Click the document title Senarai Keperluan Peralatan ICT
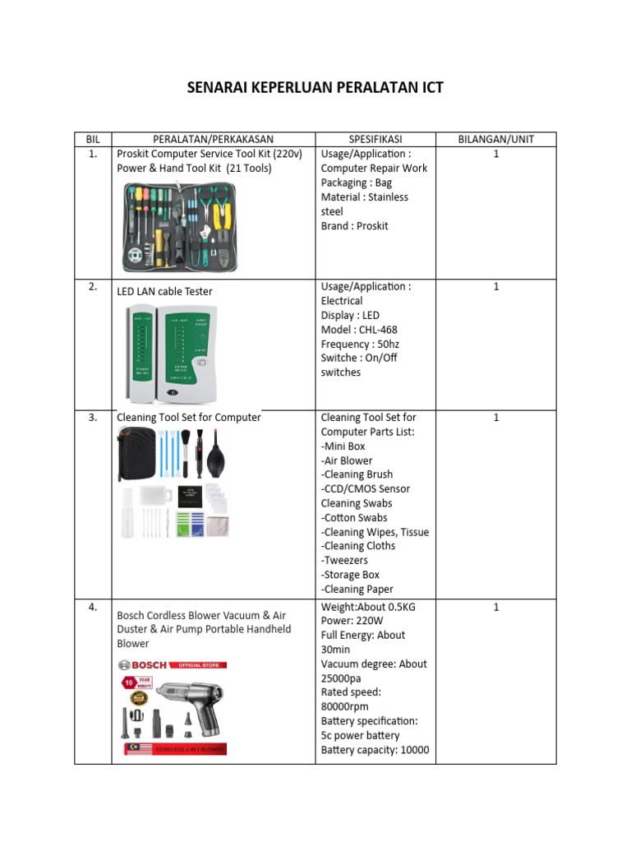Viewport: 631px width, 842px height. (x=315, y=87)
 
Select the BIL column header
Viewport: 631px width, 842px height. (x=92, y=139)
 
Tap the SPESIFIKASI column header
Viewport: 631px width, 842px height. (x=375, y=139)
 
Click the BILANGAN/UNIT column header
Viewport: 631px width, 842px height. (x=495, y=139)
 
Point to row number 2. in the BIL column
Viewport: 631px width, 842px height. (x=92, y=286)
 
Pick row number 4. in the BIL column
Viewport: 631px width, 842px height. (x=92, y=607)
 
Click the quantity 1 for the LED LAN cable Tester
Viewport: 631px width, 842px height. (x=496, y=286)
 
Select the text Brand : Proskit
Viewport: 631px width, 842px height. (x=354, y=225)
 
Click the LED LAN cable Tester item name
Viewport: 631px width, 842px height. (x=165, y=291)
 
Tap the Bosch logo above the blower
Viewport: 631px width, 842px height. (x=143, y=664)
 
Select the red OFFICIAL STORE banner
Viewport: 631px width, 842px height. (x=198, y=664)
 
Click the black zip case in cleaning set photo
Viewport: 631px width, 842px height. (x=136, y=455)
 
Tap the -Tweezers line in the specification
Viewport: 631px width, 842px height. (x=344, y=560)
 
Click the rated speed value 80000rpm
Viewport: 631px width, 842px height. (x=344, y=706)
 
